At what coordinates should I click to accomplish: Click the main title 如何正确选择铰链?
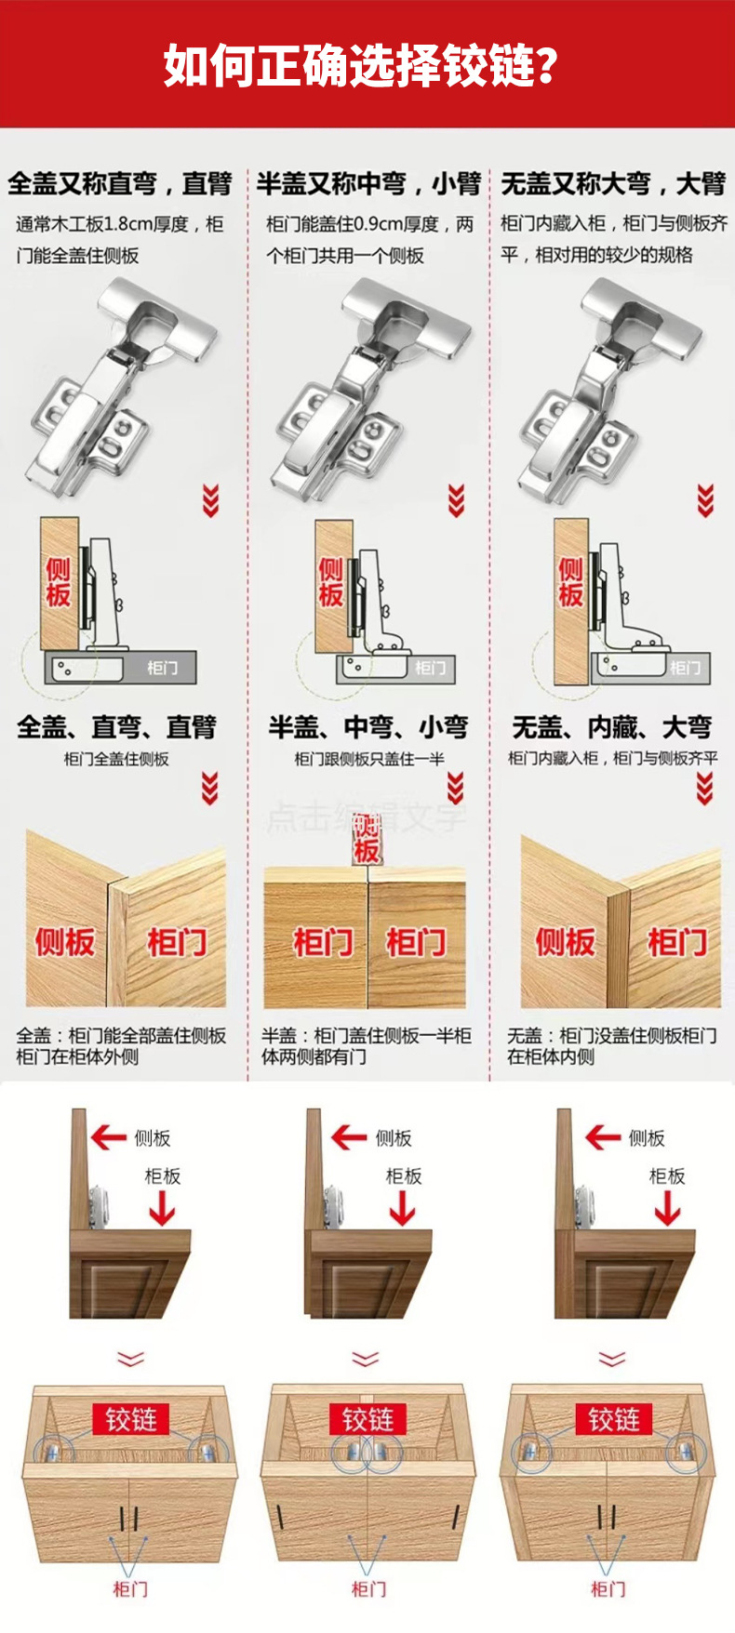pos(361,65)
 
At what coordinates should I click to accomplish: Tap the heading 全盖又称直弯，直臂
pos(119,183)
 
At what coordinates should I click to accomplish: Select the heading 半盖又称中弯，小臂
pos(368,183)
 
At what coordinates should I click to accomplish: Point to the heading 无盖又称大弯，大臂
pos(613,183)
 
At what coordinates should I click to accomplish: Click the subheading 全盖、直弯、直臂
pos(116,726)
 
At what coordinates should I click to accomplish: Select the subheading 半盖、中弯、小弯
pos(368,726)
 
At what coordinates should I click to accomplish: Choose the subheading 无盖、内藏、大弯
pos(612,726)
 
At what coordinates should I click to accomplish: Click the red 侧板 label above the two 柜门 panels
pos(367,839)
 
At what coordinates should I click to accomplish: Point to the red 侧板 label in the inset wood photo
pos(565,942)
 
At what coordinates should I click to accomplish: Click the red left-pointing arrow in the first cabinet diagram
pos(109,1136)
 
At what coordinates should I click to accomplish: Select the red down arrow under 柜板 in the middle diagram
pos(403,1208)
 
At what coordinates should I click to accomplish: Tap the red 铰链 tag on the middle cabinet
pos(367,1420)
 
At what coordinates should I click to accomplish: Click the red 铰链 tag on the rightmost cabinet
pos(613,1420)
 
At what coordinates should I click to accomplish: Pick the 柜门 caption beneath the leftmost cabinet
pos(130,1588)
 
